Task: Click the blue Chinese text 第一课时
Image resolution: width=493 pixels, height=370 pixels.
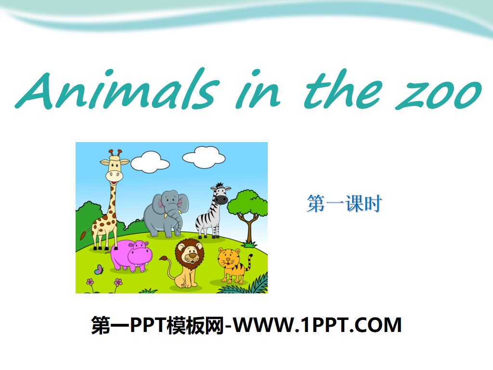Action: (344, 204)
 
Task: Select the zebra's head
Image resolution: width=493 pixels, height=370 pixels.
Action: (220, 194)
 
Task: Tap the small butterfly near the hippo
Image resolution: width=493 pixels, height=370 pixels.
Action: (99, 269)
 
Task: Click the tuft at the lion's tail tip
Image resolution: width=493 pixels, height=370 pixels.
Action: (164, 259)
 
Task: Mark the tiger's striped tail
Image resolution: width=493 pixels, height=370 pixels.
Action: (250, 264)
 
